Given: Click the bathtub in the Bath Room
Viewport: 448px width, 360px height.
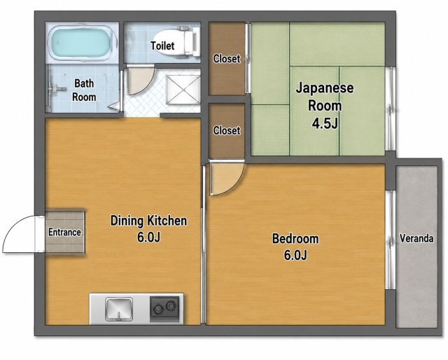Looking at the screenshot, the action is [x=82, y=43].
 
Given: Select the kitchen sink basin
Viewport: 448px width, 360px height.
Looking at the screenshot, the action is [x=119, y=309].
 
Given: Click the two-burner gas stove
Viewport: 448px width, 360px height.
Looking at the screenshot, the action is [x=165, y=309].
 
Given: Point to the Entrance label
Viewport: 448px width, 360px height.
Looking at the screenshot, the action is [x=64, y=233].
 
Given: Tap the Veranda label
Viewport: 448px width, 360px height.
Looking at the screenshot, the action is [x=416, y=238].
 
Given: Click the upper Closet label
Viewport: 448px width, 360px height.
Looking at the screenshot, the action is [x=227, y=59].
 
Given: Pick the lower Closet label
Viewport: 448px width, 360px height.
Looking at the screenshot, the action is [x=227, y=130].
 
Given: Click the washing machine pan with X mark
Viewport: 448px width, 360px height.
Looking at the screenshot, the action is [x=183, y=90].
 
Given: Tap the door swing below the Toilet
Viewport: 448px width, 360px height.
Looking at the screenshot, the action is [x=140, y=81].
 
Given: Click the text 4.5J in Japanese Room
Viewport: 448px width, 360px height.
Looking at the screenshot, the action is [x=325, y=124].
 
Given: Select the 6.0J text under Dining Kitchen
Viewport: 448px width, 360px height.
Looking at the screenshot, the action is [x=148, y=237].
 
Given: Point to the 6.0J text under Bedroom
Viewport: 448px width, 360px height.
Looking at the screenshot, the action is [x=295, y=254].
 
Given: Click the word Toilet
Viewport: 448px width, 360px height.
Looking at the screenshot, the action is [x=162, y=46].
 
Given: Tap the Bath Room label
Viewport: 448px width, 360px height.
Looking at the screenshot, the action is [x=84, y=90].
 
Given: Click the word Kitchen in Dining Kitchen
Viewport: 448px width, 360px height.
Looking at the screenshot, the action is [x=167, y=221].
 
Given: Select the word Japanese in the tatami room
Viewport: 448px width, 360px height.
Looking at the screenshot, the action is [x=325, y=88].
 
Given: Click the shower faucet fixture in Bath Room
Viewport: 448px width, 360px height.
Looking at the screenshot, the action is [x=54, y=89].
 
